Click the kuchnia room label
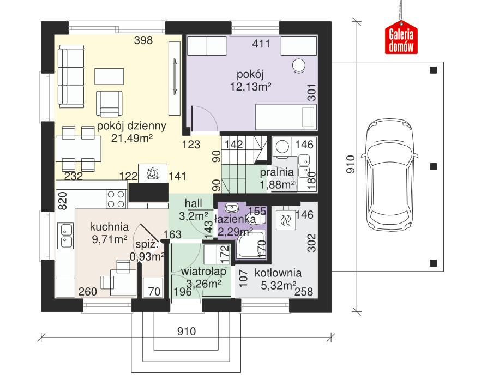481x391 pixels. coord(110,227)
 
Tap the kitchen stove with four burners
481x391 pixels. coord(116,198)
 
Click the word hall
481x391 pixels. coord(194,203)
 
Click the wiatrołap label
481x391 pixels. coord(203,272)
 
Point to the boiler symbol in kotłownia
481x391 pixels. coord(285,220)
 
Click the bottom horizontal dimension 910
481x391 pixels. coord(187,331)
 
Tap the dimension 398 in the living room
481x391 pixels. coord(143,41)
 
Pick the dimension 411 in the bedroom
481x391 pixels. coord(261,45)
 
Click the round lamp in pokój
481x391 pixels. coord(299,65)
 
